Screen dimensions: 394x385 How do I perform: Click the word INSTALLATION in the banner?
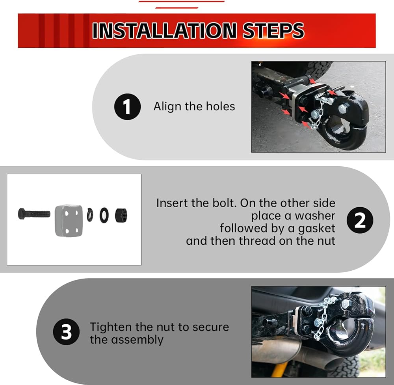point(164,31)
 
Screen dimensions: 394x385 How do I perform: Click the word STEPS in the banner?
point(273,31)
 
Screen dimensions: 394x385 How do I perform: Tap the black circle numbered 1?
point(127,106)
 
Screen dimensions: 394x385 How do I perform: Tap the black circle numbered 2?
point(360,220)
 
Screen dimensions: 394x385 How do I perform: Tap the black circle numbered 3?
point(66,332)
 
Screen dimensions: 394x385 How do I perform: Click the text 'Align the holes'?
point(194,106)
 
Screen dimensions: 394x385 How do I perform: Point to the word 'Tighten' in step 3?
point(111,327)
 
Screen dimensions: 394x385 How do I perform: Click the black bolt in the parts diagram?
point(34,214)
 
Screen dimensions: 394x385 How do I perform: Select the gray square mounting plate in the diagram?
point(69,220)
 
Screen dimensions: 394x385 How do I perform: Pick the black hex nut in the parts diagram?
point(121,215)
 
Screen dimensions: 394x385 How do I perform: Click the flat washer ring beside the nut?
point(104,215)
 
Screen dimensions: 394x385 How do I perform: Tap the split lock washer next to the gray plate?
point(90,215)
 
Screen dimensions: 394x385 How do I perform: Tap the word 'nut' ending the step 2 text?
point(326,241)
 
